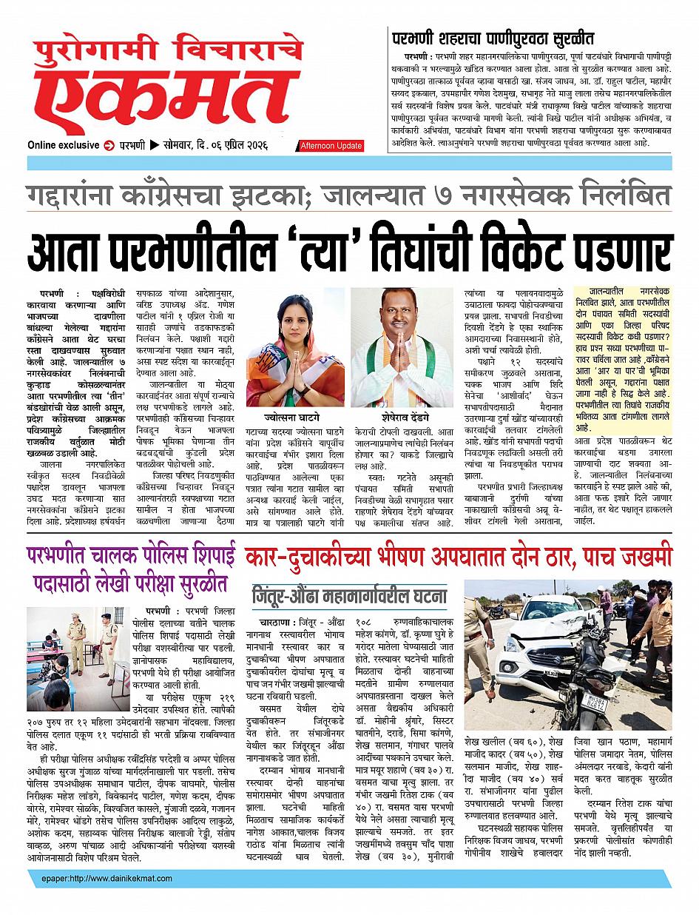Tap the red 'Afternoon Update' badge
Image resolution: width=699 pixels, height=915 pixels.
point(331,146)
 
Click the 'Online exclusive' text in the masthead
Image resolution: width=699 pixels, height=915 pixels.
point(62,145)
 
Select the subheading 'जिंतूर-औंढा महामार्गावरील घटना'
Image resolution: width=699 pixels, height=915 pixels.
point(348,595)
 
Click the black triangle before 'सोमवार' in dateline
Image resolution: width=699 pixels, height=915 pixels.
point(154,145)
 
